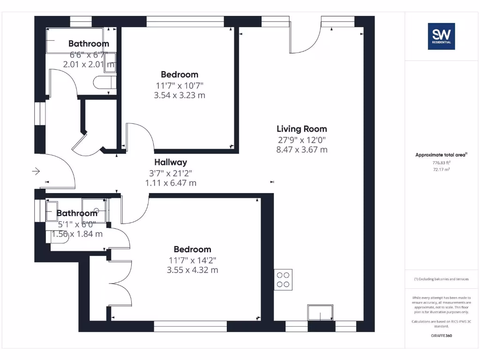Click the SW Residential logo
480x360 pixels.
(x=441, y=36)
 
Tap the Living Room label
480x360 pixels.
(x=301, y=129)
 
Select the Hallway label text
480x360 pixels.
(x=171, y=162)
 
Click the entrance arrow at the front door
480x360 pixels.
(x=36, y=172)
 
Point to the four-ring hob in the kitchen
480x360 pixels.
(x=283, y=280)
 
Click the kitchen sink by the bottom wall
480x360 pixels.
(x=320, y=312)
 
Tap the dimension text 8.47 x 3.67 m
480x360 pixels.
(x=301, y=150)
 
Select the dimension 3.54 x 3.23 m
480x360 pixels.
(x=180, y=95)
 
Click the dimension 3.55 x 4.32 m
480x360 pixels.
(x=192, y=270)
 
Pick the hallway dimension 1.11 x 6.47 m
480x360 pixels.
(x=171, y=183)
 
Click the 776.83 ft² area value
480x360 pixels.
(x=441, y=163)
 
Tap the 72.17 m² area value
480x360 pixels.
(x=441, y=170)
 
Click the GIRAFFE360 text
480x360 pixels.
(x=441, y=336)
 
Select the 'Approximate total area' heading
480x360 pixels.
(x=441, y=155)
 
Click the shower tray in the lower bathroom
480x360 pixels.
(x=94, y=206)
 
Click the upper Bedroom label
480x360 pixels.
(x=180, y=75)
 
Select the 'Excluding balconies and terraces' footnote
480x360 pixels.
(x=441, y=279)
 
